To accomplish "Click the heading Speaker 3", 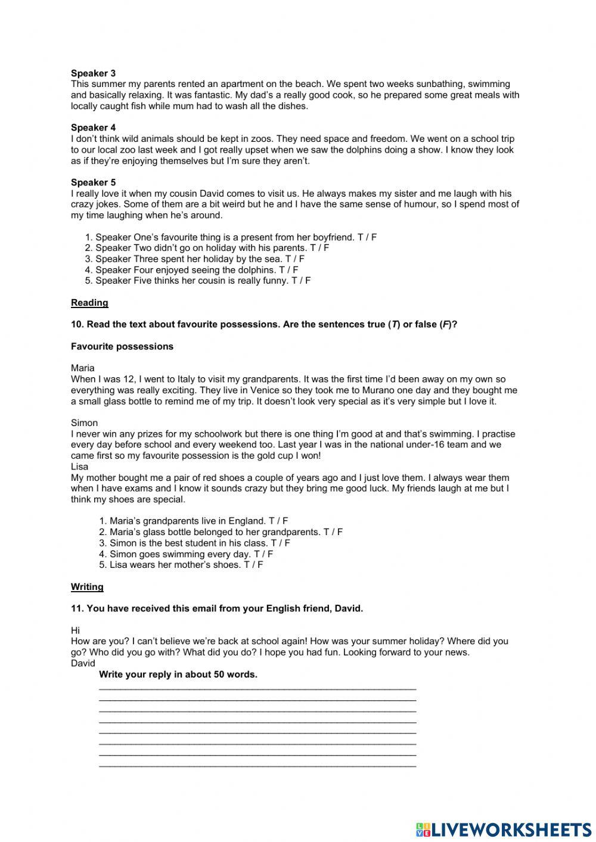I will (93, 73).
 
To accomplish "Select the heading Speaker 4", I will (93, 128).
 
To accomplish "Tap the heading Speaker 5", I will (93, 182).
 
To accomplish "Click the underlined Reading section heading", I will (89, 303).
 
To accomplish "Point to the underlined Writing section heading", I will (87, 587).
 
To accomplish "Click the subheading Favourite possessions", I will (122, 346).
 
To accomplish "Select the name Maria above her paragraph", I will (83, 368).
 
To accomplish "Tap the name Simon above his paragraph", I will (84, 423).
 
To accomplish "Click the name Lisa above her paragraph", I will (79, 467).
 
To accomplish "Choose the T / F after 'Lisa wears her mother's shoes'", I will (253, 564).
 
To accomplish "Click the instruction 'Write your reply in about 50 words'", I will (178, 675).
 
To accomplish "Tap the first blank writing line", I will (257, 687).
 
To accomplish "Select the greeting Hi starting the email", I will (75, 630).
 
